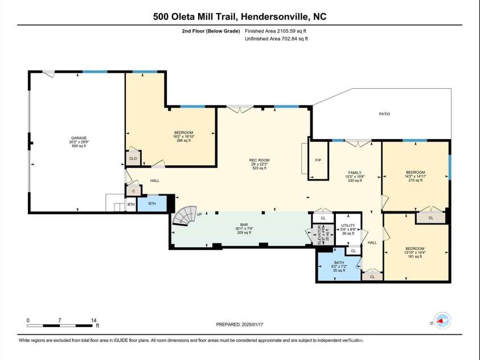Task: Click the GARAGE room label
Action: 79,138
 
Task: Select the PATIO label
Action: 385,114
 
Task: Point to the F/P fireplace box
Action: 318,160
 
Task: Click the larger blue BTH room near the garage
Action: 152,203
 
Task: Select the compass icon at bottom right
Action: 442,320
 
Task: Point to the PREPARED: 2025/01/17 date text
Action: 240,324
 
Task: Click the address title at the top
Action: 240,17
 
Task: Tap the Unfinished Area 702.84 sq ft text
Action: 276,39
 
